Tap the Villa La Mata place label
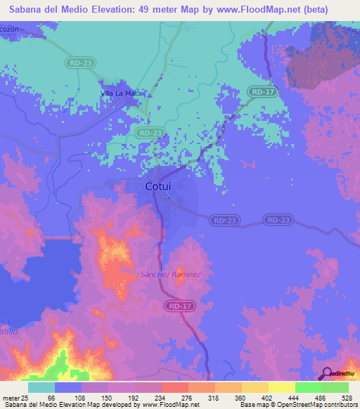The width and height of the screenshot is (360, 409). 121,93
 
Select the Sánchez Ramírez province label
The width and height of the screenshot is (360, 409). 172,274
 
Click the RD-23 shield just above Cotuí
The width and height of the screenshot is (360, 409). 150,132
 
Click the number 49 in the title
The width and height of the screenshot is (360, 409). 159,10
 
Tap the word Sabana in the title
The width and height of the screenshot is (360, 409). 27,10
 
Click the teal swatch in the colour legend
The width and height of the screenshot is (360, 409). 41,388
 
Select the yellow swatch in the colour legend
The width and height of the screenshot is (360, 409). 281,388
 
